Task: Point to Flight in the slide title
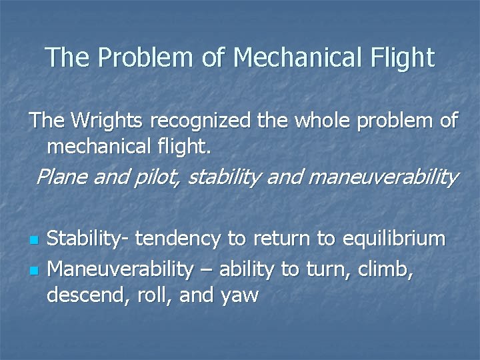click(400, 57)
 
